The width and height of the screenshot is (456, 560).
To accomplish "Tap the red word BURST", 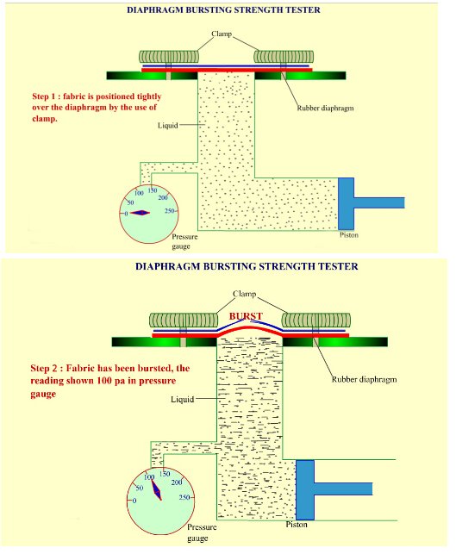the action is [246, 316].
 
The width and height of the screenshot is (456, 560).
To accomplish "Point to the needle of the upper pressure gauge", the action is [140, 213].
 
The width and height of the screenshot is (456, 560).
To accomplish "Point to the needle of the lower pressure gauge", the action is [156, 490].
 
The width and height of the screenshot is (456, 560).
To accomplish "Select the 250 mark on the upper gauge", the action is [170, 211].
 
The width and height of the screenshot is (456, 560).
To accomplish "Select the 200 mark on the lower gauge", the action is [177, 482].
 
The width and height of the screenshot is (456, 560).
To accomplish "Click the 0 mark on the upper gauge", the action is [126, 214].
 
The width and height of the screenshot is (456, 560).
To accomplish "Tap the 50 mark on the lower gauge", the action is [140, 488].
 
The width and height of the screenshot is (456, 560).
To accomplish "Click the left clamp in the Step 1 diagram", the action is [169, 57].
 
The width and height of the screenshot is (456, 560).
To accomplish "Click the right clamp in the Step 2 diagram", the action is [315, 320].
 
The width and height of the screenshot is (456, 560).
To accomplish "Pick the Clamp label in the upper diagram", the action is [222, 34].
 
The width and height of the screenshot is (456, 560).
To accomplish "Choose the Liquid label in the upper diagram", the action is [168, 126].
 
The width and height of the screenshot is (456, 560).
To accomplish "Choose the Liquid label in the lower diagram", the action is [182, 399].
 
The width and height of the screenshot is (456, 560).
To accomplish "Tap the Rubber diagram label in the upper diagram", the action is [326, 108].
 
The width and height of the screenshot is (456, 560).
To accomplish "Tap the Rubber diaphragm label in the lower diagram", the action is [364, 379].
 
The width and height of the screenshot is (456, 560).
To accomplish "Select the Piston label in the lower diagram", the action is [297, 525].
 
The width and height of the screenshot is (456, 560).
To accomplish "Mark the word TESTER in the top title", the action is [304, 10].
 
